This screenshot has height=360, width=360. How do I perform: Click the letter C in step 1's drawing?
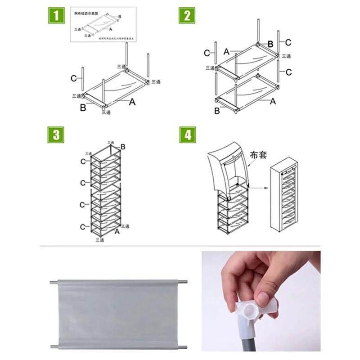73,78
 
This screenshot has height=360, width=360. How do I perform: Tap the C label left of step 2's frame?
207,53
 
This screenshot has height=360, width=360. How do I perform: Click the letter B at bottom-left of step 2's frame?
217,111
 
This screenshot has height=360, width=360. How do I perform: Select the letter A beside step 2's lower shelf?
273,102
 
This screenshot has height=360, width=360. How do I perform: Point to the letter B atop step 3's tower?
123,147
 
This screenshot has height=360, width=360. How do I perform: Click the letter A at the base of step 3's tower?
117,231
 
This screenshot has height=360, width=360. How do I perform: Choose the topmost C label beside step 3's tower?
83,162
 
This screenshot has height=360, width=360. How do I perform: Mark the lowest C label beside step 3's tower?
82,227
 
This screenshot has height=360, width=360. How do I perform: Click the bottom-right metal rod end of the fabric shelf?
183,346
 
